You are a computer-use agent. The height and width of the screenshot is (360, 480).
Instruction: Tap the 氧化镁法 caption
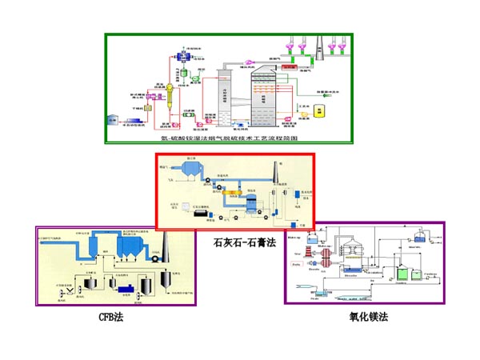point(368,317)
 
